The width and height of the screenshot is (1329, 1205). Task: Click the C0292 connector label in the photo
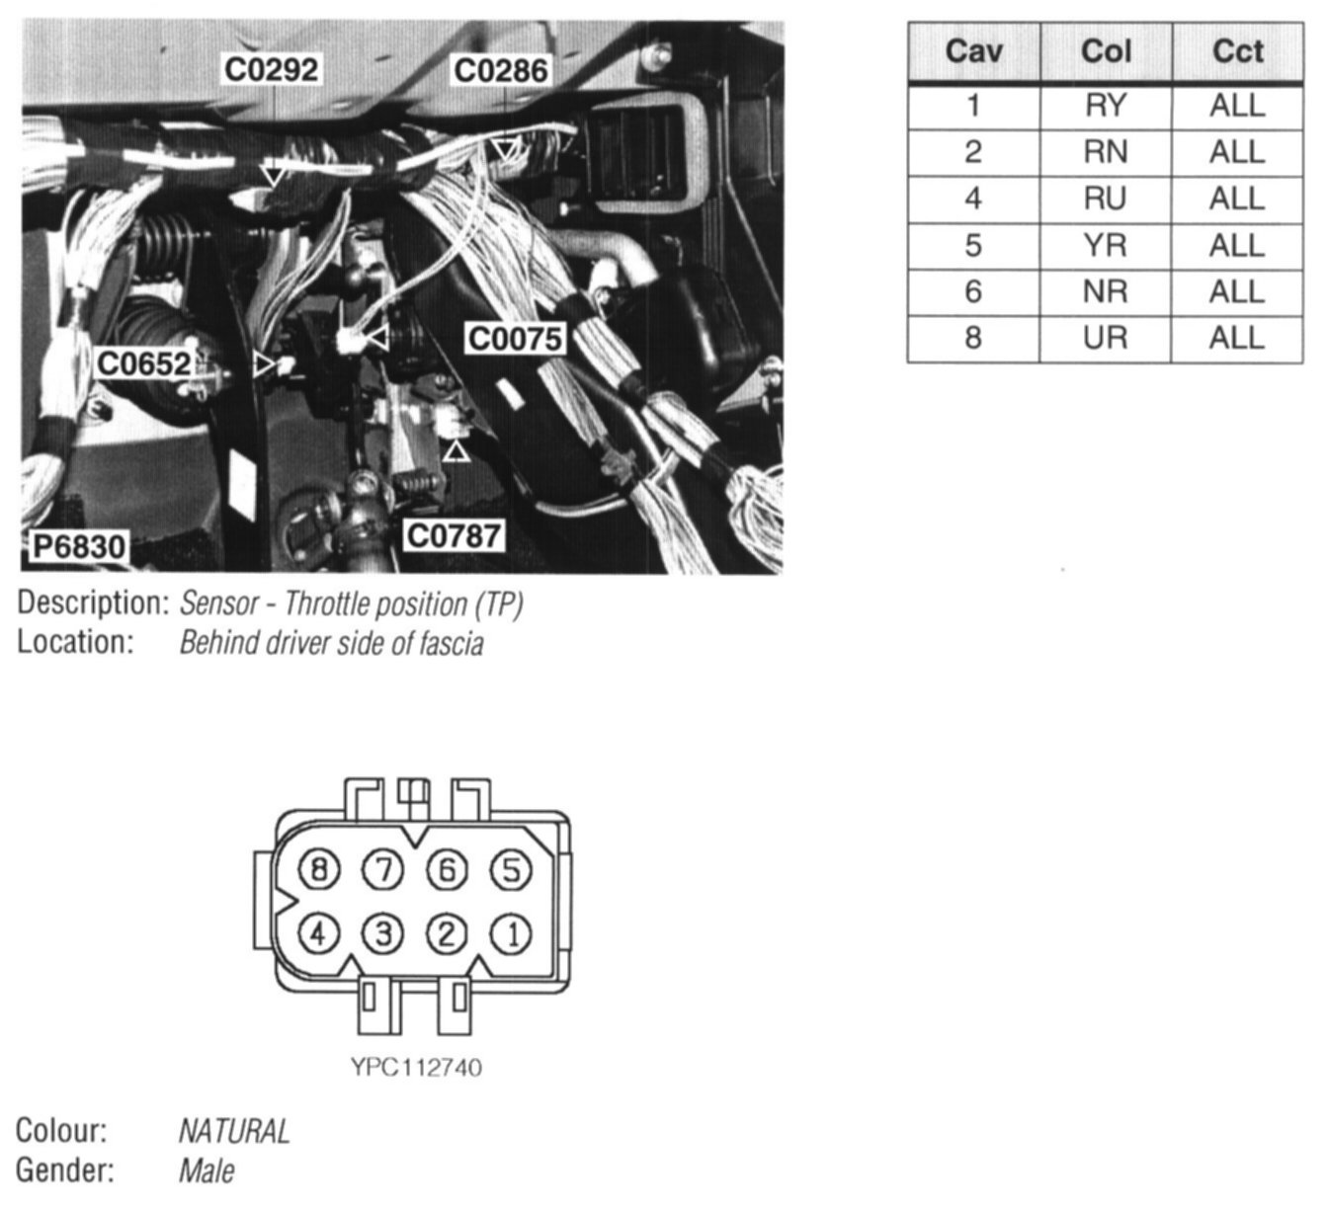click(x=272, y=70)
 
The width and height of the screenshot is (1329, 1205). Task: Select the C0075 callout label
click(x=514, y=339)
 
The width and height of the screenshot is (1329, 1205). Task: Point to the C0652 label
click(x=144, y=364)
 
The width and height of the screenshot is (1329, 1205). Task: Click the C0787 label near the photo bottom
click(x=455, y=536)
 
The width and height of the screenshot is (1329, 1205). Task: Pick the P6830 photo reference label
click(x=79, y=546)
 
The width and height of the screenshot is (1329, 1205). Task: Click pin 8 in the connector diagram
click(x=318, y=869)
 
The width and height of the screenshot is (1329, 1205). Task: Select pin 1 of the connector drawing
click(x=511, y=933)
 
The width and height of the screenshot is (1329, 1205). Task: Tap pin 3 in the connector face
click(x=382, y=933)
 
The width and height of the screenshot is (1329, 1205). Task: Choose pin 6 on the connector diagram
click(x=447, y=869)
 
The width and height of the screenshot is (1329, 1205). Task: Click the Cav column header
click(x=973, y=51)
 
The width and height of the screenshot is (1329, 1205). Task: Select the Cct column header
click(x=1237, y=51)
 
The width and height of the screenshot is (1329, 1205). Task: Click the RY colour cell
click(x=1105, y=105)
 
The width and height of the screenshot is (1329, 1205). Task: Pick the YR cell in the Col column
click(x=1105, y=245)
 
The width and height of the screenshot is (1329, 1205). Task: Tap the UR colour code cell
click(x=1105, y=338)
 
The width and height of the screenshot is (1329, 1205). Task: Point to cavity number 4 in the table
click(x=973, y=199)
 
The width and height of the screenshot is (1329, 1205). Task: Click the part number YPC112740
click(x=416, y=1068)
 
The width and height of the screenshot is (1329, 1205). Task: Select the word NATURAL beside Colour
click(x=234, y=1131)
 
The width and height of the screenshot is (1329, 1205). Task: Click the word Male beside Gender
click(x=207, y=1171)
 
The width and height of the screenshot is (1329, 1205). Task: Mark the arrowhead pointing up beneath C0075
click(x=456, y=451)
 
